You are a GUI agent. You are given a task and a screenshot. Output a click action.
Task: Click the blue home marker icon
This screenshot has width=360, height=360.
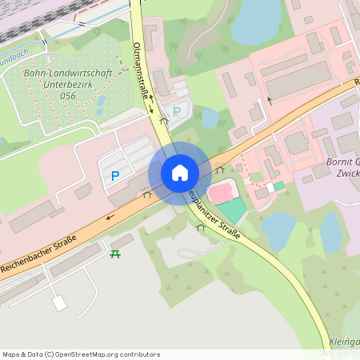pyautogui.click(x=180, y=173)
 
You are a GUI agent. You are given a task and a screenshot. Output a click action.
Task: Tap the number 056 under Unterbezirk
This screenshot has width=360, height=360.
pyautogui.click(x=67, y=95)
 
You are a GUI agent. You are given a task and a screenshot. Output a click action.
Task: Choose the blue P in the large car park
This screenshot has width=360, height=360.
pyautogui.click(x=115, y=175)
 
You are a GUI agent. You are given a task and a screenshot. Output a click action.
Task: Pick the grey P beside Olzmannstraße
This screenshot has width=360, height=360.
pyautogui.click(x=177, y=110)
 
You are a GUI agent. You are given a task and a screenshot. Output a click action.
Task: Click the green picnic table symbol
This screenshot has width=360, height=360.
pyautogui.click(x=115, y=254)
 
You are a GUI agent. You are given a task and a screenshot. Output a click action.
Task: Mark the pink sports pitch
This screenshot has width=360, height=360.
pyautogui.click(x=220, y=193)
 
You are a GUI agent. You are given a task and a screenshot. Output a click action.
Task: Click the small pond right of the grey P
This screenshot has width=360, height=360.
pyautogui.click(x=210, y=118)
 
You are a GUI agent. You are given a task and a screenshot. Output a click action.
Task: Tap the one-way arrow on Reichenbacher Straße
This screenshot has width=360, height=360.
pyautogui.click(x=109, y=215)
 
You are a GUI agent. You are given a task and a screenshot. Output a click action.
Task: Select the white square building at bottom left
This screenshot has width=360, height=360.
pyautogui.click(x=59, y=303)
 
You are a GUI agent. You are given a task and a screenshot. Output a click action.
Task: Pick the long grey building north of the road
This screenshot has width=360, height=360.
pyautogui.click(x=298, y=78)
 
